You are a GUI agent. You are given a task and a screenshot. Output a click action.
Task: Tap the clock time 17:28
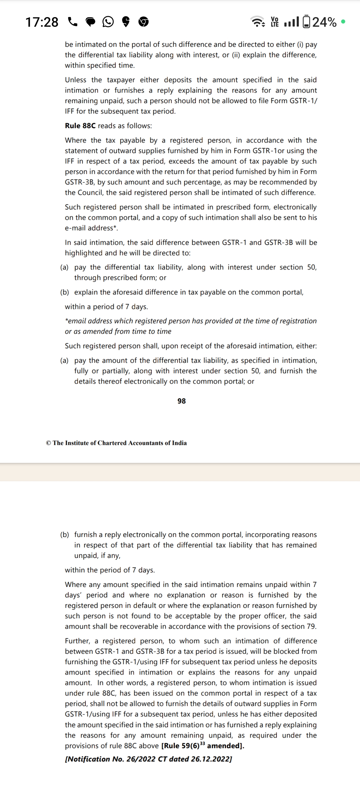point(42,22)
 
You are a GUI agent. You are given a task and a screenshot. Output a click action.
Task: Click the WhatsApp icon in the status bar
point(108,22)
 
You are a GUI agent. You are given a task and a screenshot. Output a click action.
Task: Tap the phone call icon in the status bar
point(73,22)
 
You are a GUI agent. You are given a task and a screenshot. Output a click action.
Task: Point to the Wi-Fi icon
point(258,21)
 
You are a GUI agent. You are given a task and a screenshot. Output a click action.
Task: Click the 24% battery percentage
point(324,22)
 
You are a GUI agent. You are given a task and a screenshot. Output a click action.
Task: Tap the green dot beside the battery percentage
point(343,21)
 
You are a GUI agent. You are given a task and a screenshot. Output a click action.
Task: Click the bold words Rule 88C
point(80,126)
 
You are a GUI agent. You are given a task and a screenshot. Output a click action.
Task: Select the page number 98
point(181,401)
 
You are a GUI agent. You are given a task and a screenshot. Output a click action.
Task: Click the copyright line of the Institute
point(116,443)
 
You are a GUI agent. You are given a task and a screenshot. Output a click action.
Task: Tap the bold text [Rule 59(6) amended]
point(203,746)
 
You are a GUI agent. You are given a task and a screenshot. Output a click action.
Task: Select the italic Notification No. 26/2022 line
point(148,759)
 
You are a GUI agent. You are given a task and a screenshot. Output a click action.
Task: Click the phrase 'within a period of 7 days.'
point(106,307)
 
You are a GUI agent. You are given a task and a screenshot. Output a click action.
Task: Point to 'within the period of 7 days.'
point(110,570)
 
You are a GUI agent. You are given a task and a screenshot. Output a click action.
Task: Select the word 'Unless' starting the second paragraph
point(75,80)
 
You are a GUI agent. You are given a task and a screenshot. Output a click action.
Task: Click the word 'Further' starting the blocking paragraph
point(77,641)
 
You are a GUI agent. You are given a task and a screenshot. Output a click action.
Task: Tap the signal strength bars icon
point(291,22)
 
